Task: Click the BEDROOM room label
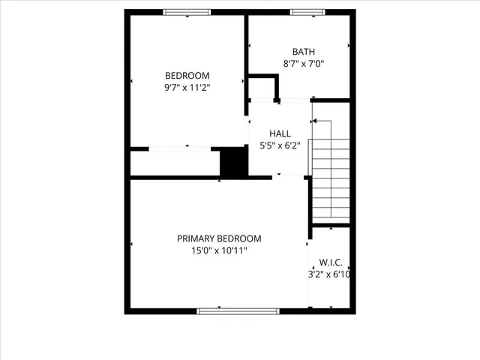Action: coord(187,76)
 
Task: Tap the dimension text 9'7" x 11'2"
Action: coord(187,88)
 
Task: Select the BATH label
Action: coord(304,52)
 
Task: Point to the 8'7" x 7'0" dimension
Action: coord(304,64)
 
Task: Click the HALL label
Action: coord(280,133)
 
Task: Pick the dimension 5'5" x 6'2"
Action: coord(280,145)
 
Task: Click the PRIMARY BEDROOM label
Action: coord(219,238)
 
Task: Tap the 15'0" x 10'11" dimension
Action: coord(219,251)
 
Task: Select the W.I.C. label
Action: coord(331,262)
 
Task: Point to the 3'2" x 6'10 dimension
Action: coord(331,274)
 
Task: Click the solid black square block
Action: coord(233,162)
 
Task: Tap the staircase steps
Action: coord(331,180)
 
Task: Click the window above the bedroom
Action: coord(187,12)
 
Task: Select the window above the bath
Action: coord(306,12)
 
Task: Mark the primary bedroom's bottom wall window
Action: coord(237,310)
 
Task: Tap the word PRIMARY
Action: coord(196,238)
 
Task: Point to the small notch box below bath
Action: coord(264,87)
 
